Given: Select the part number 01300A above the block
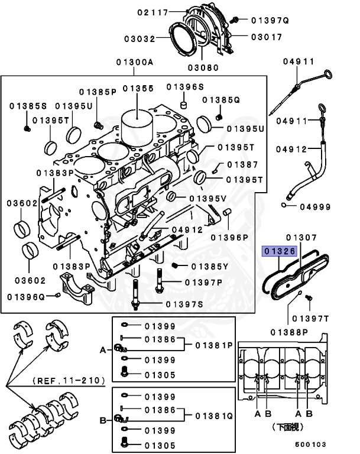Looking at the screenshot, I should click(134, 62).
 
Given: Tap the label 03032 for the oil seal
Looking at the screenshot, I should click(140, 39).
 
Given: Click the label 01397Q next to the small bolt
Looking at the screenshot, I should click(270, 20).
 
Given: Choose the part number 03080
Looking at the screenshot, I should click(203, 67).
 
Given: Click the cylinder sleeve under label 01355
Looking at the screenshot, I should click(137, 127).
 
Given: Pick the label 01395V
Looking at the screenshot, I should click(207, 197).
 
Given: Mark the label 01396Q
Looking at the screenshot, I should click(27, 295).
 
